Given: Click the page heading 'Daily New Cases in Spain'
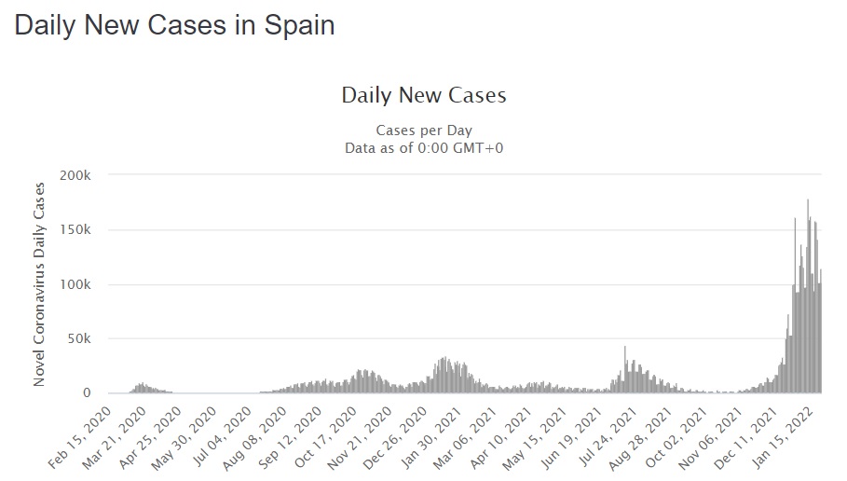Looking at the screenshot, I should [x=174, y=25].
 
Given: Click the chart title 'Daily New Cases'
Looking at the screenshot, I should [x=423, y=95].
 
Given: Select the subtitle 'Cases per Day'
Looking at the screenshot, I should [x=423, y=130].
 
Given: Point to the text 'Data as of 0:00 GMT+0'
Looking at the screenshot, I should [x=423, y=147].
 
